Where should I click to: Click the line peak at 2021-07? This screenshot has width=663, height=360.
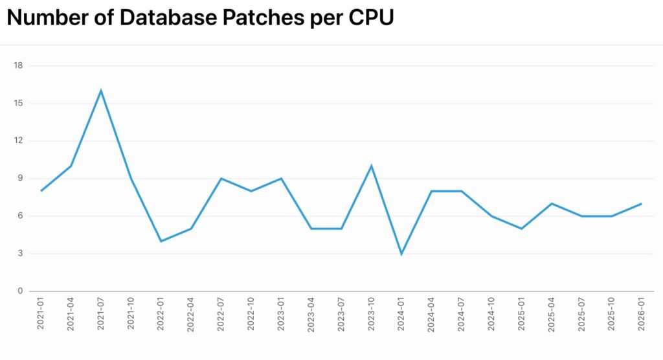coord(101,91)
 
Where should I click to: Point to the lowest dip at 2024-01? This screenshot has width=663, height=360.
coord(401,254)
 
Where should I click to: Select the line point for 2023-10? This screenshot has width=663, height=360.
coord(371,166)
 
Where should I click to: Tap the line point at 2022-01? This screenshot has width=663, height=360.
coord(161,241)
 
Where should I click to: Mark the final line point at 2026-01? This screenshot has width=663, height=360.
coord(641,204)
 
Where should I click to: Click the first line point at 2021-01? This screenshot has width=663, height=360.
coord(41,191)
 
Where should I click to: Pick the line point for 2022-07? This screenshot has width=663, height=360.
coord(221,179)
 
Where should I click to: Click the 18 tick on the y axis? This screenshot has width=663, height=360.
coord(18,65)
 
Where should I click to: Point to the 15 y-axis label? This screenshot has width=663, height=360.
coord(18,103)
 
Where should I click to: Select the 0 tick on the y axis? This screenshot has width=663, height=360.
coord(20,291)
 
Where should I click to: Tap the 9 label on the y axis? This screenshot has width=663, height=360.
coord(20,179)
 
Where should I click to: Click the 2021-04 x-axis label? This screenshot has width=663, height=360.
coord(71,315)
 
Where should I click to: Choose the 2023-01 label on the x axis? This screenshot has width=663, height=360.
coord(282,315)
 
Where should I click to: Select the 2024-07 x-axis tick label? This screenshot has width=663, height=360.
coord(462,315)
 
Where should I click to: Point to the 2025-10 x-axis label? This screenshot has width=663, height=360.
coord(612,315)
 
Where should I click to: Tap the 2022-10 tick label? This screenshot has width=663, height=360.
coord(251,315)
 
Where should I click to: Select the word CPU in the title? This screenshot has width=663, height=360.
coord(370,17)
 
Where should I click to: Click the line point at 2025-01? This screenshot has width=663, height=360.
coord(521,229)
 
